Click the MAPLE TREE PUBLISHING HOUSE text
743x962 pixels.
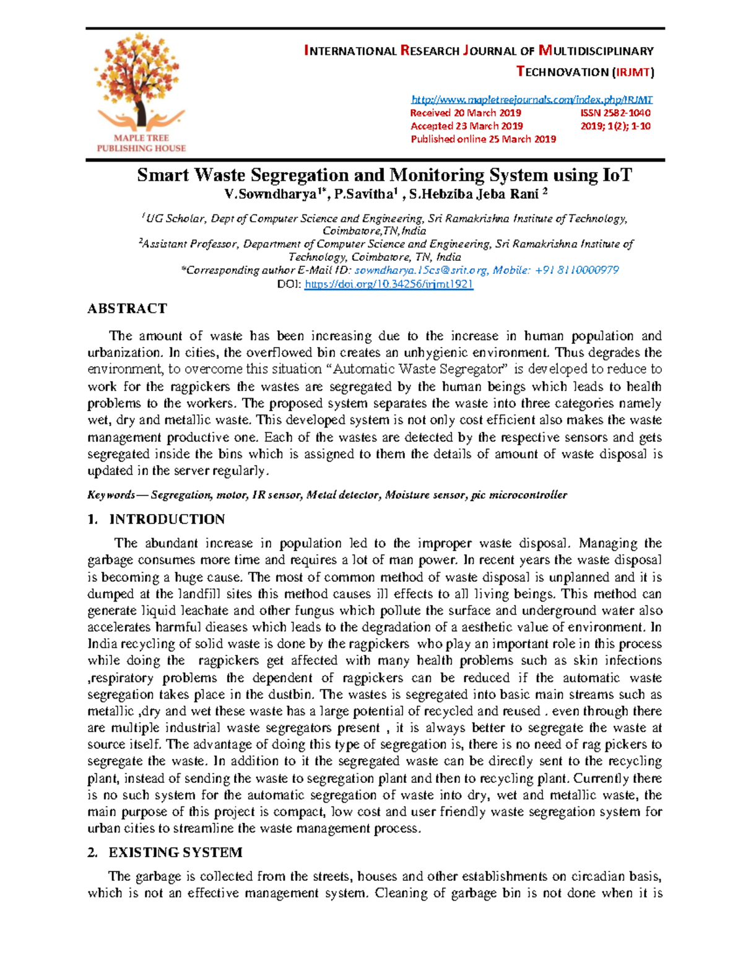click(141, 143)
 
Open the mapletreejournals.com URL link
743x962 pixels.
click(532, 99)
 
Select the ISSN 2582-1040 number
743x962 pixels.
click(615, 113)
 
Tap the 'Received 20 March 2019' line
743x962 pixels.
click(466, 113)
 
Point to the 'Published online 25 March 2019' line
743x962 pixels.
click(483, 139)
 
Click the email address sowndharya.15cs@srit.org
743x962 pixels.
click(421, 270)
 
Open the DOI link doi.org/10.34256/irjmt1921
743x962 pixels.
click(389, 284)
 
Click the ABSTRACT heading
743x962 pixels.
click(127, 308)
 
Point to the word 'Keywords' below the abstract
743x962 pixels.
click(111, 495)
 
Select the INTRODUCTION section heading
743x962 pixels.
click(167, 519)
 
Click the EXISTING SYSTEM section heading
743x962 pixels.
click(175, 852)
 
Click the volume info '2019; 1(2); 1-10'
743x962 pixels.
click(615, 126)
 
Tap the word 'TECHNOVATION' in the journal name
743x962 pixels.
click(563, 72)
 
